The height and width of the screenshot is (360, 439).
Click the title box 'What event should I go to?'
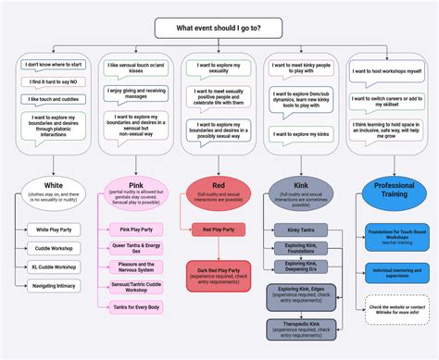click(x=219, y=27)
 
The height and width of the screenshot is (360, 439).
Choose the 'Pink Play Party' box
click(x=136, y=229)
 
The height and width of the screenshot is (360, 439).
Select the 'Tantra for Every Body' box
click(x=136, y=306)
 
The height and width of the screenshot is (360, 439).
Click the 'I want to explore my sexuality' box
click(x=219, y=71)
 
